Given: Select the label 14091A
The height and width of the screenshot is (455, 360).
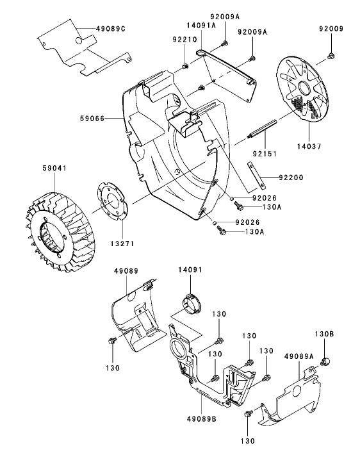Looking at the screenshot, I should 184,25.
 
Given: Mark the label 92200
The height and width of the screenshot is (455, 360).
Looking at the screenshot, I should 292,176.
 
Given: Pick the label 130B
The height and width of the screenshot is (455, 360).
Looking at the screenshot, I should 324,334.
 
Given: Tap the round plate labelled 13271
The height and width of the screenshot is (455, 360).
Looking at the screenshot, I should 113,202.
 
